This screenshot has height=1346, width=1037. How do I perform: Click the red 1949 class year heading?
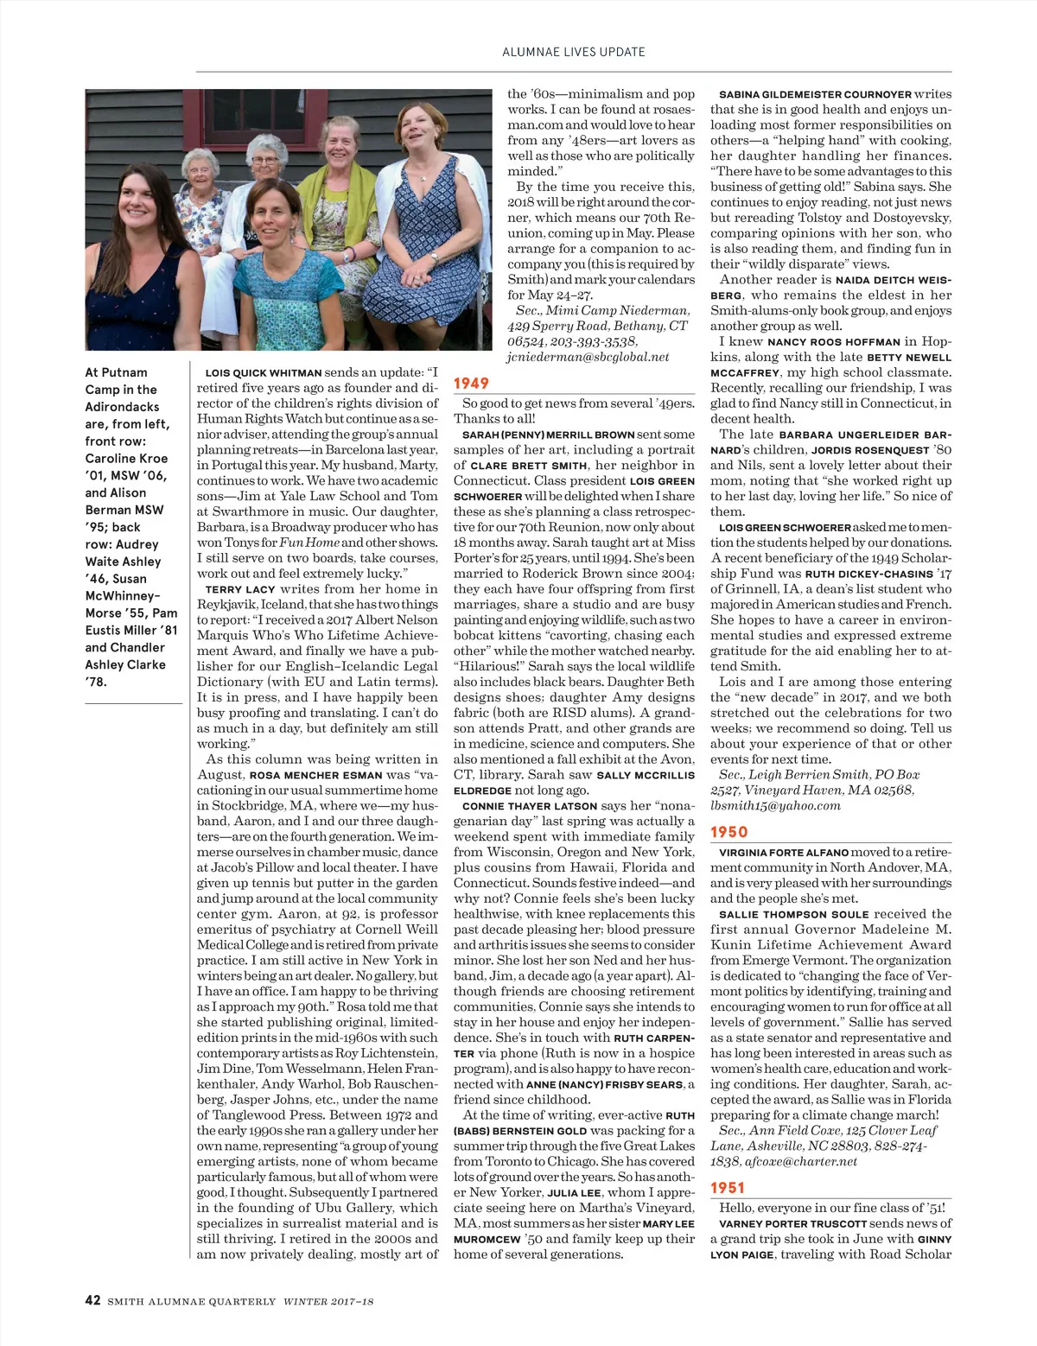(472, 383)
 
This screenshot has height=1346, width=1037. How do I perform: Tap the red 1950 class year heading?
(728, 832)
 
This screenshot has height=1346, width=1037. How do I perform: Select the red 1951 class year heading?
(727, 1188)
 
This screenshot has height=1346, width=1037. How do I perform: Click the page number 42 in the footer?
(92, 1300)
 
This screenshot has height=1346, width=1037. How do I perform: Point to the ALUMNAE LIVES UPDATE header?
(574, 52)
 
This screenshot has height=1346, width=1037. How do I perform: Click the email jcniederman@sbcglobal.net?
(588, 357)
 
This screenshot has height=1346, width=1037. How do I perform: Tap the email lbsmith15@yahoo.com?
(775, 805)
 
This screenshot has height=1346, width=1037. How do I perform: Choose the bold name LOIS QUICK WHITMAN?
(263, 373)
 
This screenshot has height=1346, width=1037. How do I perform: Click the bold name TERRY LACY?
(239, 589)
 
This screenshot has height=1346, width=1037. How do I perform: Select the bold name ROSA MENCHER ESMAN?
(315, 775)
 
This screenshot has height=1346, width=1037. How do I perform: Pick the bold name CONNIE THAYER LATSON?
(530, 805)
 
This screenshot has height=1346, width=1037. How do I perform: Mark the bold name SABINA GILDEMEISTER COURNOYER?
(815, 94)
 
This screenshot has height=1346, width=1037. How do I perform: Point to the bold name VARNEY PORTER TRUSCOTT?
(792, 1223)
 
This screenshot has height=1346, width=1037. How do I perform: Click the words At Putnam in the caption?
(116, 372)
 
